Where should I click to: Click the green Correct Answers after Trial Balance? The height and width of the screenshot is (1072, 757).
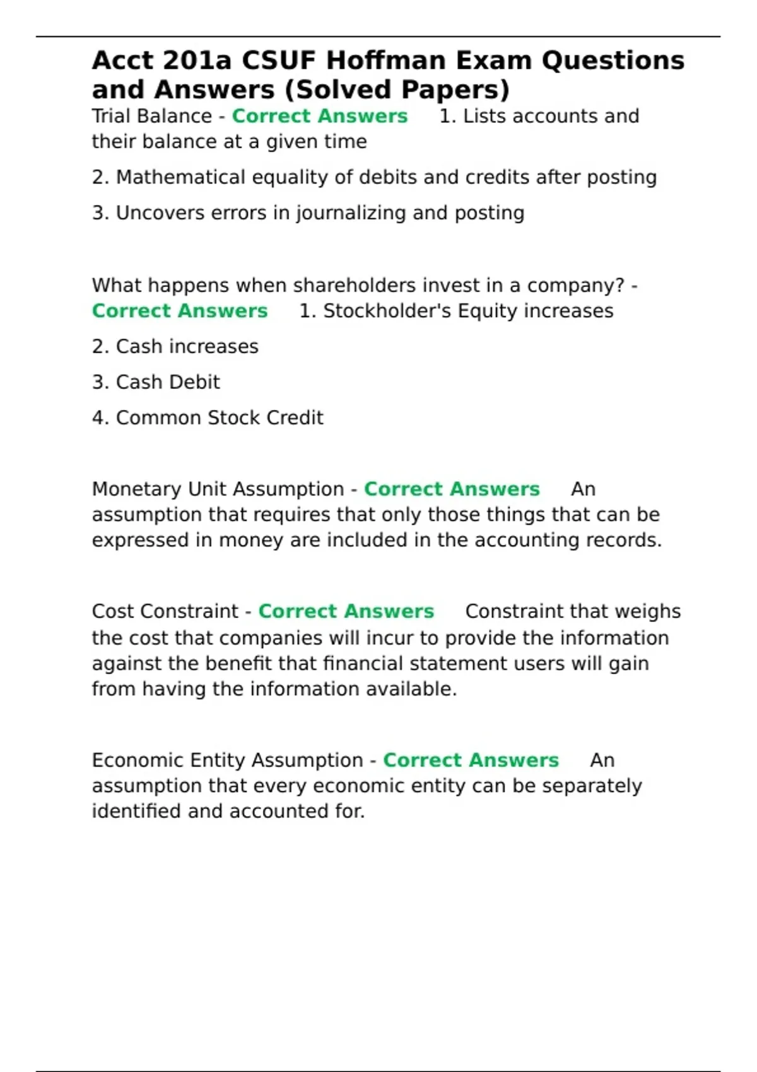point(320,116)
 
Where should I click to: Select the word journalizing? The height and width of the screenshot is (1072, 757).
point(351,214)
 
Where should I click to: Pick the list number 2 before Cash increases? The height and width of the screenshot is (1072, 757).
point(100,347)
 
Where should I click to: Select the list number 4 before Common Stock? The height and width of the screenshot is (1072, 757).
point(100,418)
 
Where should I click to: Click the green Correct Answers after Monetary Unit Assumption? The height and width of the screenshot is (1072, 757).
point(452,489)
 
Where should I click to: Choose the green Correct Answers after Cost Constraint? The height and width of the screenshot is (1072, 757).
point(346,612)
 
